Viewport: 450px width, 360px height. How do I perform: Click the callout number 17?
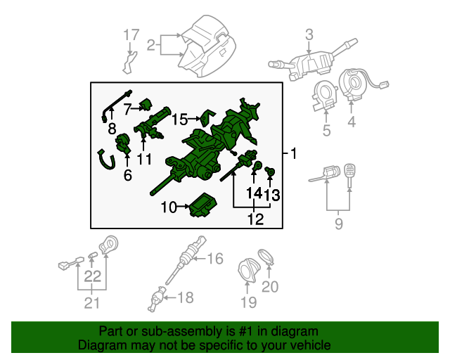132,34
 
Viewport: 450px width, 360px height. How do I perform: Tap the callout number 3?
309,34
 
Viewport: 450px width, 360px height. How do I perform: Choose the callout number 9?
338,225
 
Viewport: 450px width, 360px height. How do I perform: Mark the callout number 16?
214,259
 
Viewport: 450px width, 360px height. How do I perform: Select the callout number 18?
184,298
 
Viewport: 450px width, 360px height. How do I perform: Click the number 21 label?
92,303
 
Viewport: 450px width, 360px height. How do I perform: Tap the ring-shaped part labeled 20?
266,257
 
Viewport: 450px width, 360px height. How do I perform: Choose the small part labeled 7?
146,106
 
